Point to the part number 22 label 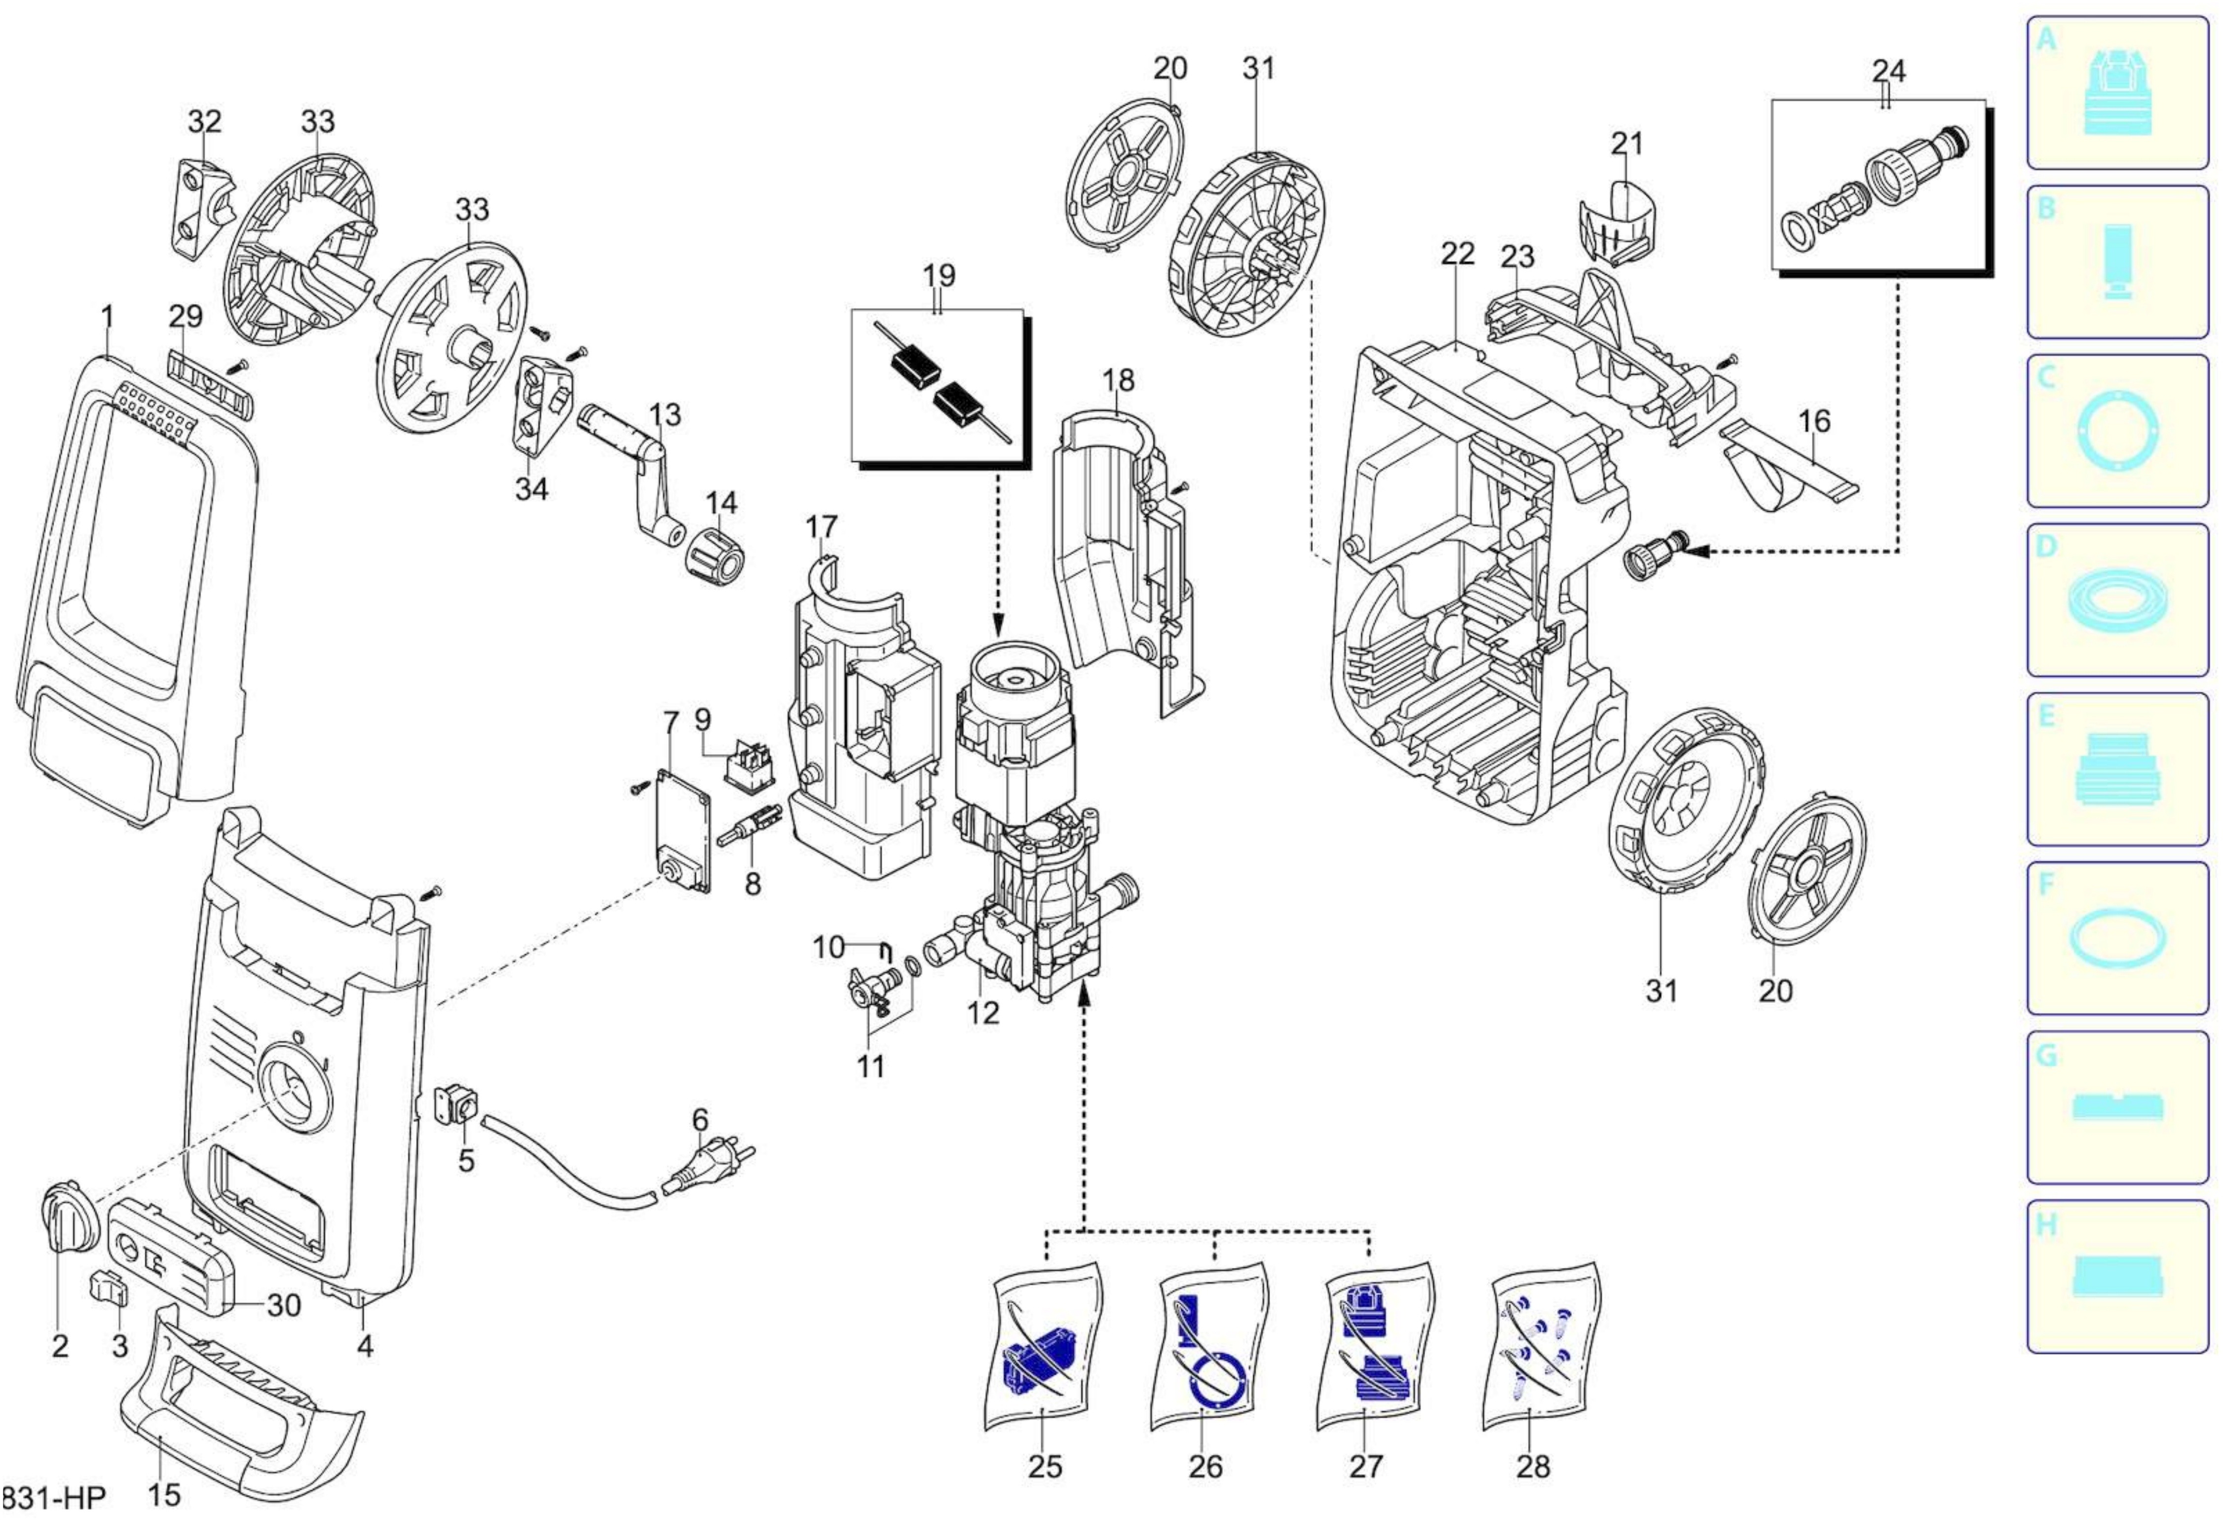pos(1457,254)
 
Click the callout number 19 pos(939,275)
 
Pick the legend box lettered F pos(2117,938)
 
